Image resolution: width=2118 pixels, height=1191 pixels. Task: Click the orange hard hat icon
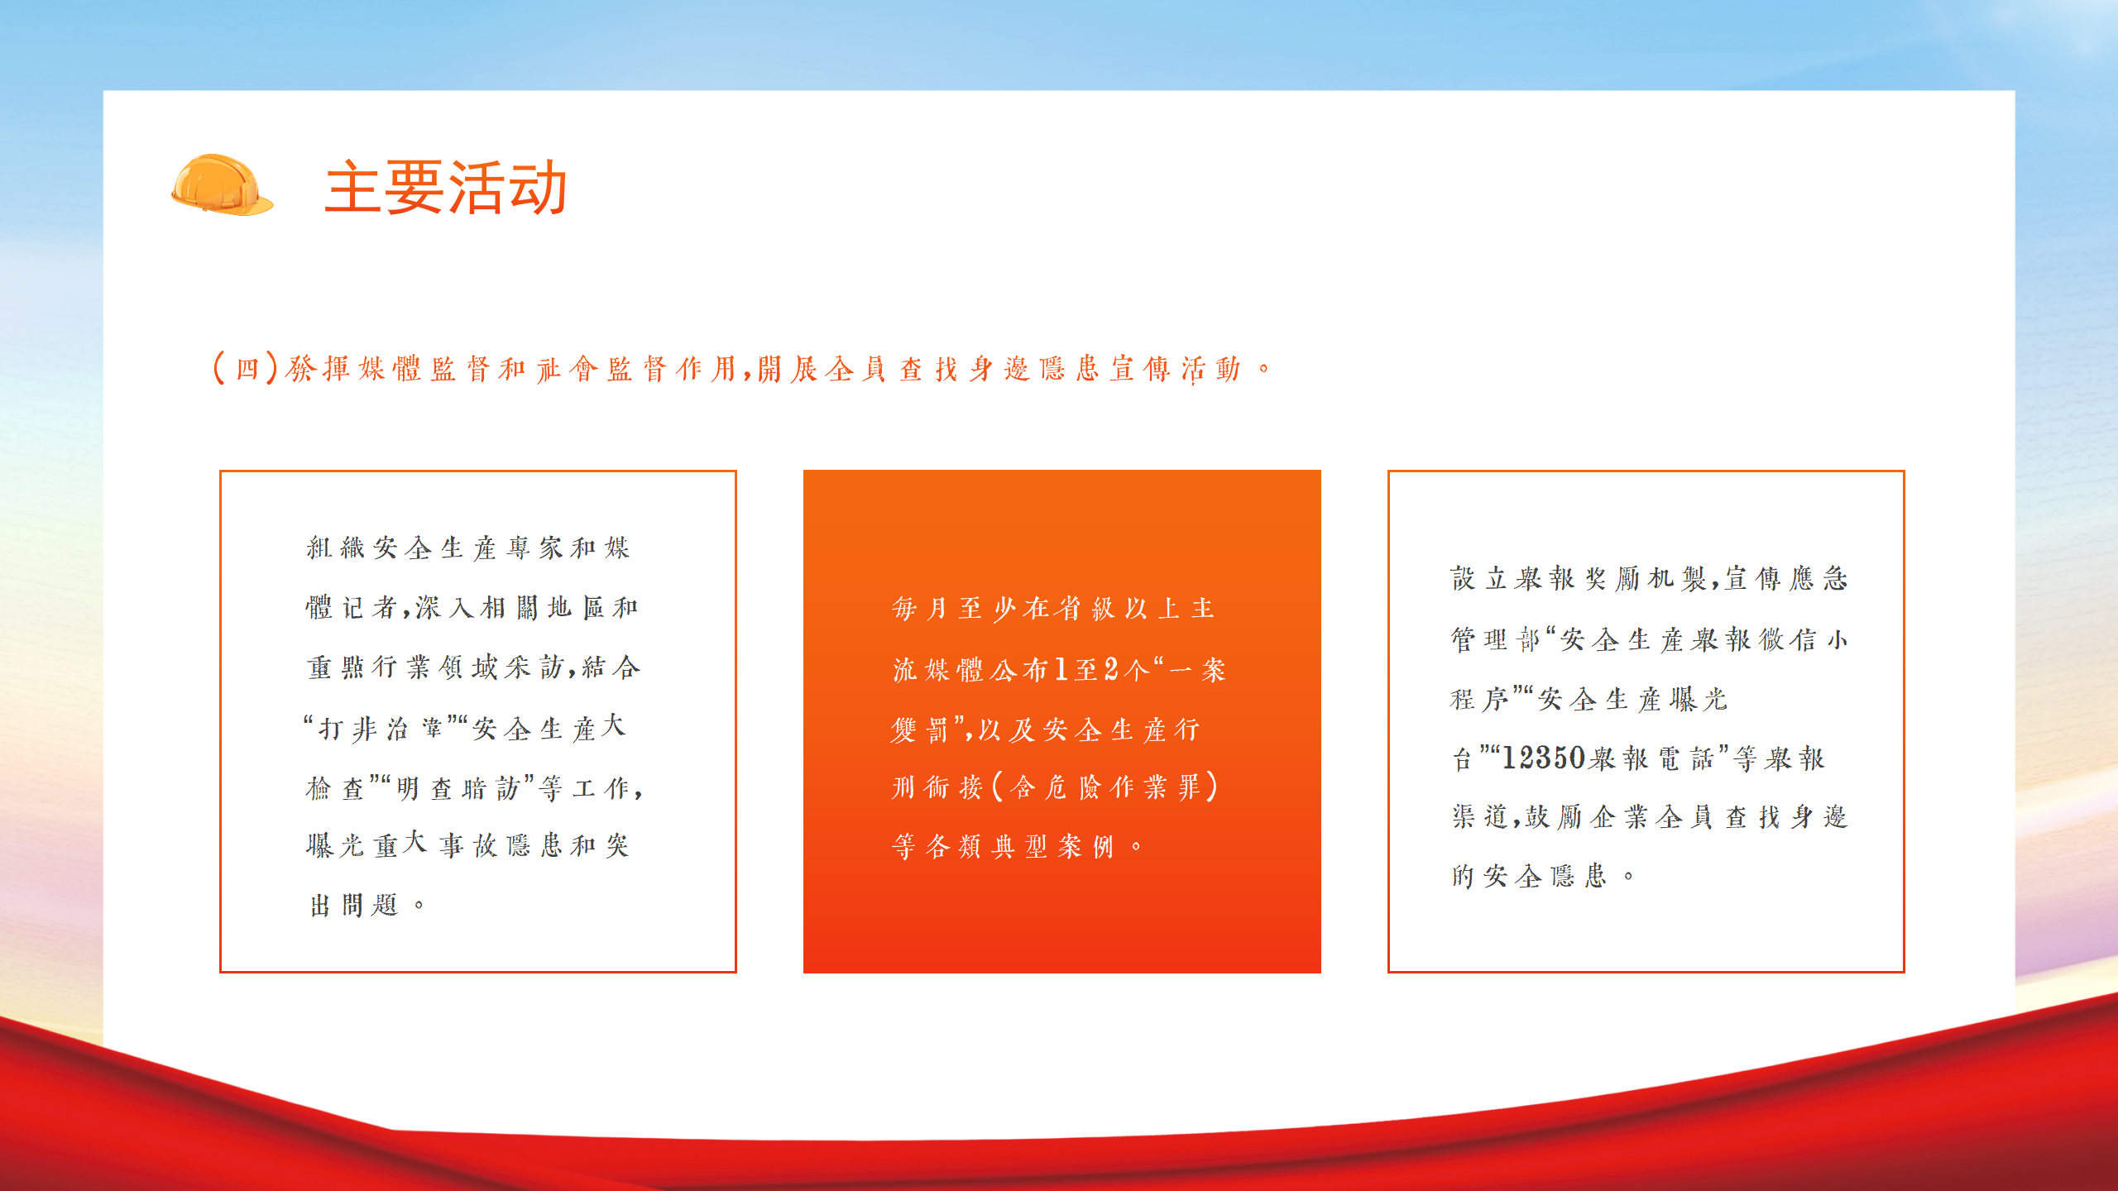pos(222,185)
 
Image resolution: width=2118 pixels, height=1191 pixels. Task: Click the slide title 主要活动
pos(446,188)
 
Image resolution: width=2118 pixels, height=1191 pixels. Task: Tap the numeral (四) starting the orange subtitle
pos(246,368)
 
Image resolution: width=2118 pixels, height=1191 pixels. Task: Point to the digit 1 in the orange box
pos(1061,669)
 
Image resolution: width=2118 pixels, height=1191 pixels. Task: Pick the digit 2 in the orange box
pos(1110,669)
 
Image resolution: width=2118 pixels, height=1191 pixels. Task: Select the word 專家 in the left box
pos(534,548)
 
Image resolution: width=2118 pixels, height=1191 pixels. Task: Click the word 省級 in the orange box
pos(1086,609)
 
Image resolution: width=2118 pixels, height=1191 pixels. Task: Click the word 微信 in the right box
pos(1788,639)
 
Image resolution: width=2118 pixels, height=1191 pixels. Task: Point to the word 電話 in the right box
pos(1686,758)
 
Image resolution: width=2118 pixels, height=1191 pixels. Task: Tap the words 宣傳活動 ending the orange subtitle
pos(1176,369)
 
